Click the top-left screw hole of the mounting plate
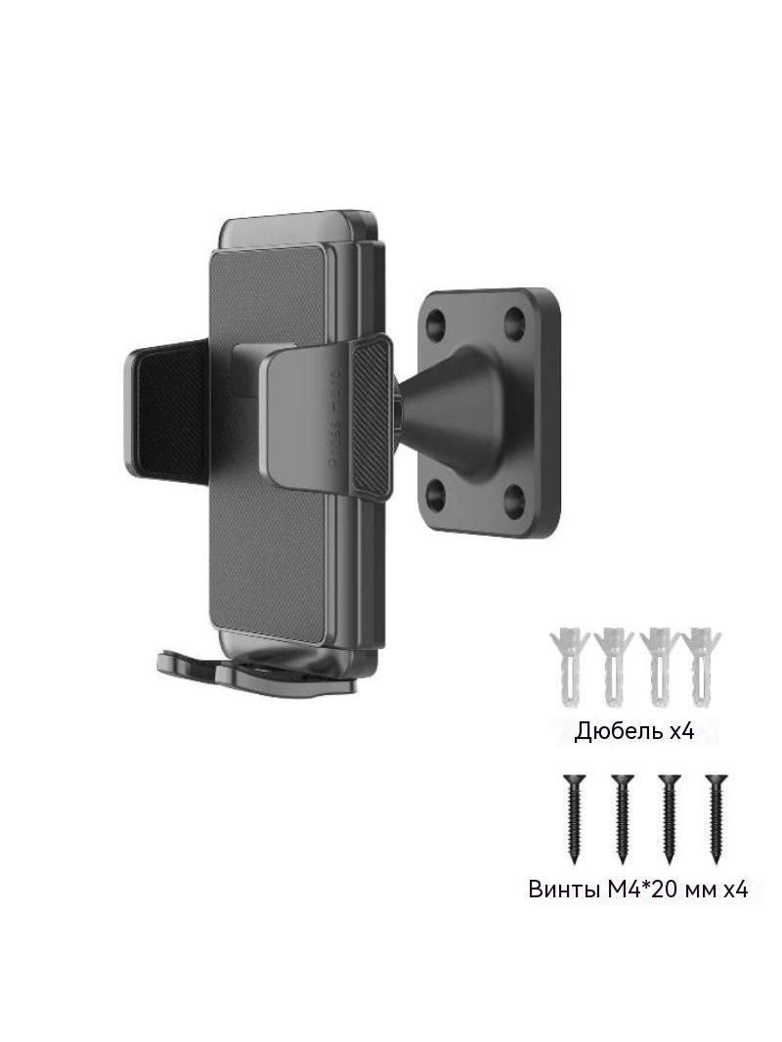[x=438, y=324]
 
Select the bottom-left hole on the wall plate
[x=435, y=493]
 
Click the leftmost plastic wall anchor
[x=569, y=666]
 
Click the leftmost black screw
[x=574, y=818]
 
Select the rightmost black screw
[x=716, y=818]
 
